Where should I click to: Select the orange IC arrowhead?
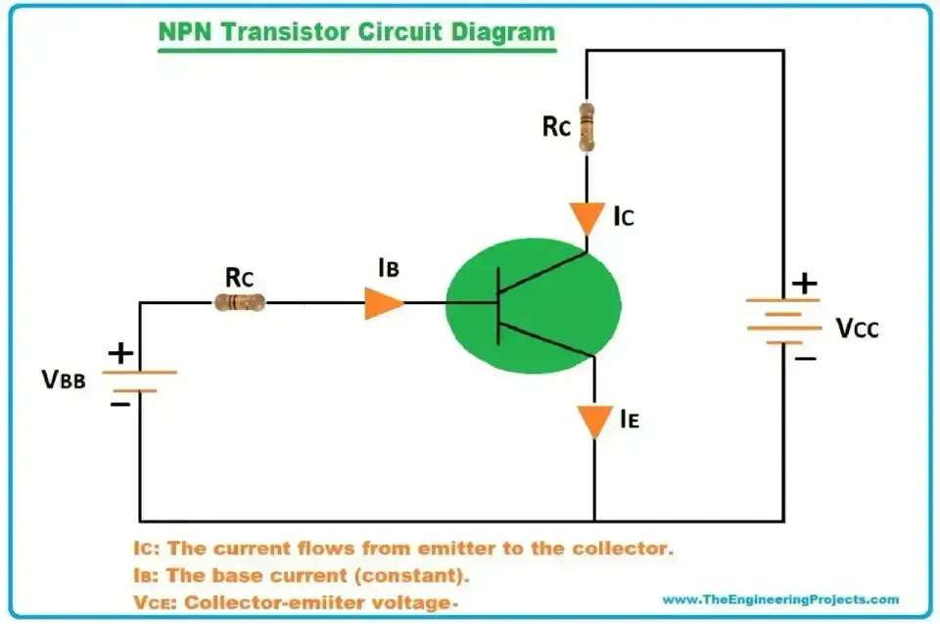click(x=587, y=218)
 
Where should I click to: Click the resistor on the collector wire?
click(x=587, y=127)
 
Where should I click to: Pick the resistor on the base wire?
click(x=240, y=302)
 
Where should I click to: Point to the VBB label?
click(x=64, y=379)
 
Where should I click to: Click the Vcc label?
click(x=858, y=329)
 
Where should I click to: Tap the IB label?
click(x=389, y=268)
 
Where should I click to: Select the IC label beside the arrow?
click(x=624, y=216)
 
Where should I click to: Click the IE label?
click(x=630, y=419)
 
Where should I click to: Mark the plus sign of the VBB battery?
click(x=120, y=353)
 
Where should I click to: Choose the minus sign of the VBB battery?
click(x=119, y=405)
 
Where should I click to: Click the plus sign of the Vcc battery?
click(x=805, y=284)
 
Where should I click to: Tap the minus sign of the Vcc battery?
click(x=806, y=359)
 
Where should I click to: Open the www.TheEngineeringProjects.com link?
click(x=780, y=599)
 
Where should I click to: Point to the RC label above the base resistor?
click(x=239, y=277)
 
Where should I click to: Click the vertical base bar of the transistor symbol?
click(x=498, y=306)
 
